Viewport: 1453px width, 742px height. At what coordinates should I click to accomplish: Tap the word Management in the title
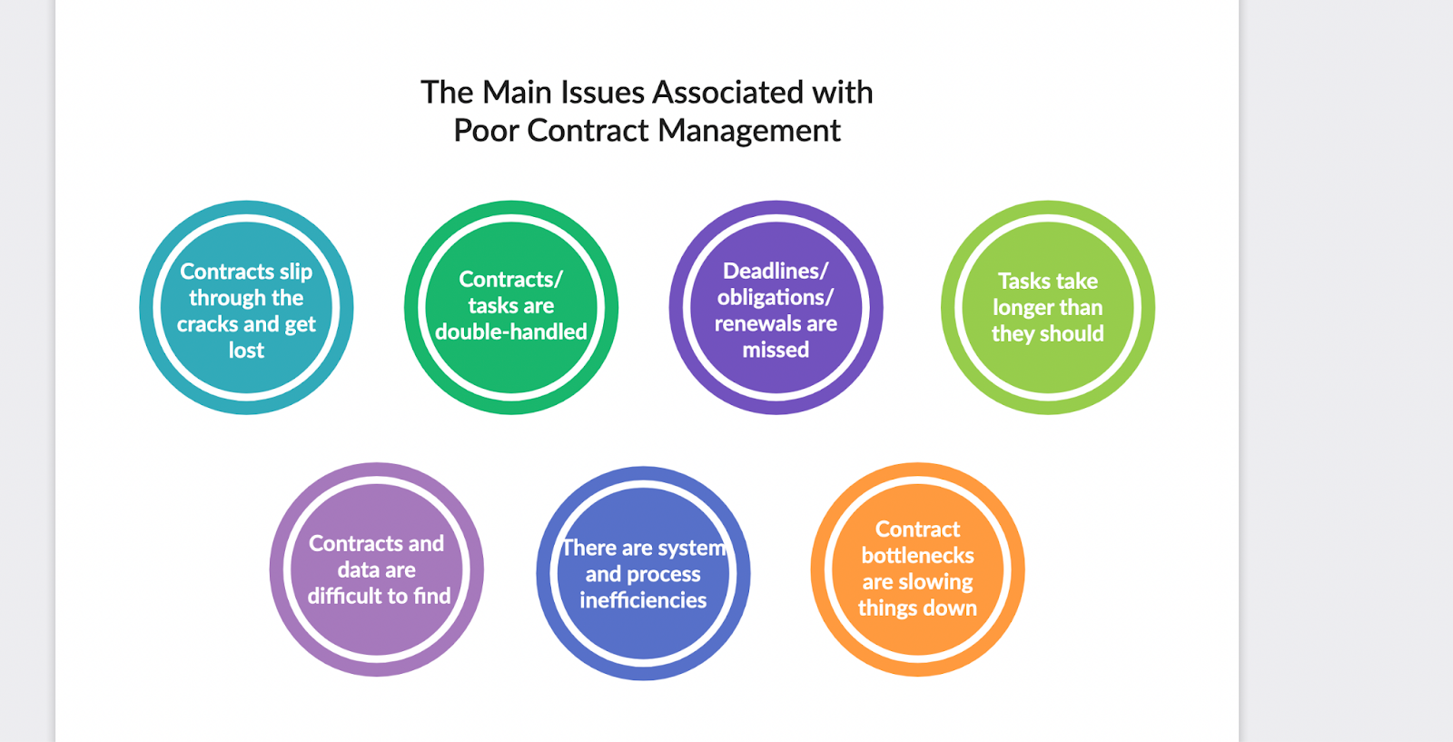click(x=750, y=131)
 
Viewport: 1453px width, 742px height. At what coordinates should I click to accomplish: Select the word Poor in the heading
click(x=486, y=131)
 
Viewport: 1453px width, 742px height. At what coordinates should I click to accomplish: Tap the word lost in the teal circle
click(x=246, y=351)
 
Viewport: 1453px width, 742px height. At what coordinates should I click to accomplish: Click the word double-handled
click(x=511, y=332)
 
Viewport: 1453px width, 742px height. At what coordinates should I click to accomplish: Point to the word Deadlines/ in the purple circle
click(x=776, y=271)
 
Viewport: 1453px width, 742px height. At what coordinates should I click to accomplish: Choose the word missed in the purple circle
click(x=776, y=350)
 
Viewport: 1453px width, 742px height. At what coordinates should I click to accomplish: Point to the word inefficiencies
click(x=643, y=600)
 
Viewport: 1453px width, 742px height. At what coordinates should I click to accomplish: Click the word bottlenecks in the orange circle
click(x=917, y=555)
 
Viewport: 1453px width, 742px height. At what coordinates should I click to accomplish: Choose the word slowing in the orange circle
click(x=935, y=581)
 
